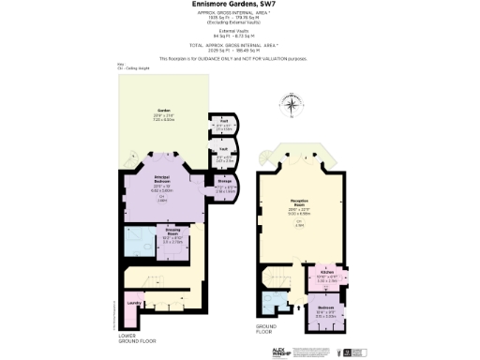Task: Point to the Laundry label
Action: click(135, 302)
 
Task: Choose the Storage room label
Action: click(221, 187)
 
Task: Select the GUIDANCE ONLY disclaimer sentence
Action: click(240, 58)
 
